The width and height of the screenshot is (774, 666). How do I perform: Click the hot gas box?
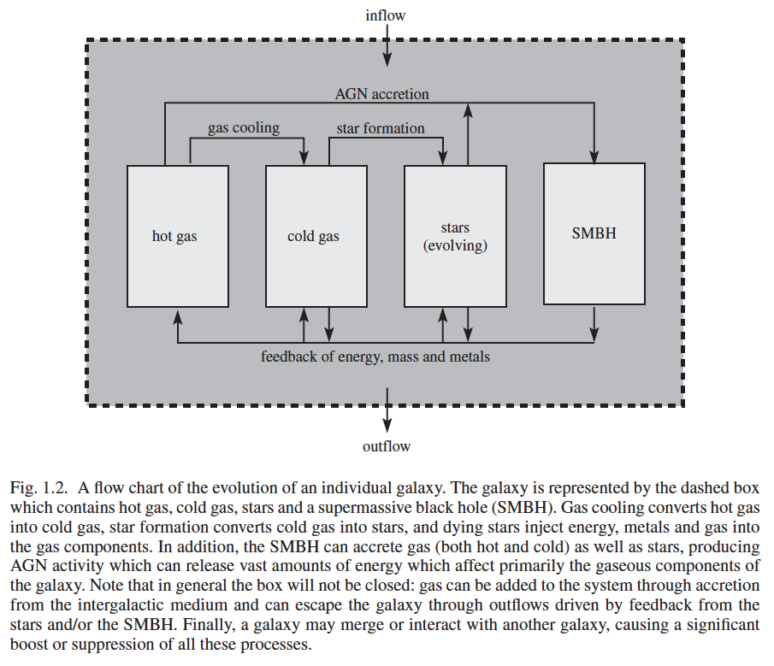[178, 236]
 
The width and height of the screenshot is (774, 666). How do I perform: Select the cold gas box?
[316, 236]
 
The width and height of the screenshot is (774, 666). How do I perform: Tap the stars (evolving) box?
[455, 236]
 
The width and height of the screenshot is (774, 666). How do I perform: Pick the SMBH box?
[594, 234]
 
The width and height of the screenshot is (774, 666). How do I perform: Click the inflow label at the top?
[385, 15]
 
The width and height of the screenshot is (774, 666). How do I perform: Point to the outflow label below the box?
[387, 446]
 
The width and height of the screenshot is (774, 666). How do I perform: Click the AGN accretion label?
[381, 94]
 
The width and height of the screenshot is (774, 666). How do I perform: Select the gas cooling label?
[244, 127]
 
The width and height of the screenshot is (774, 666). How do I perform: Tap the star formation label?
[381, 128]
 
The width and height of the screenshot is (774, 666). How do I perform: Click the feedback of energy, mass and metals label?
[375, 357]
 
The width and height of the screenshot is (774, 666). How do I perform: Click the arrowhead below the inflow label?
[387, 59]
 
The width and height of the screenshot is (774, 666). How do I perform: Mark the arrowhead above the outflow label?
[387, 425]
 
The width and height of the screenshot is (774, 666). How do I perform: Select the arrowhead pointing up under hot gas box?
[178, 315]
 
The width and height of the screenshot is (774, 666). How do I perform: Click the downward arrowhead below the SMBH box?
[594, 334]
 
